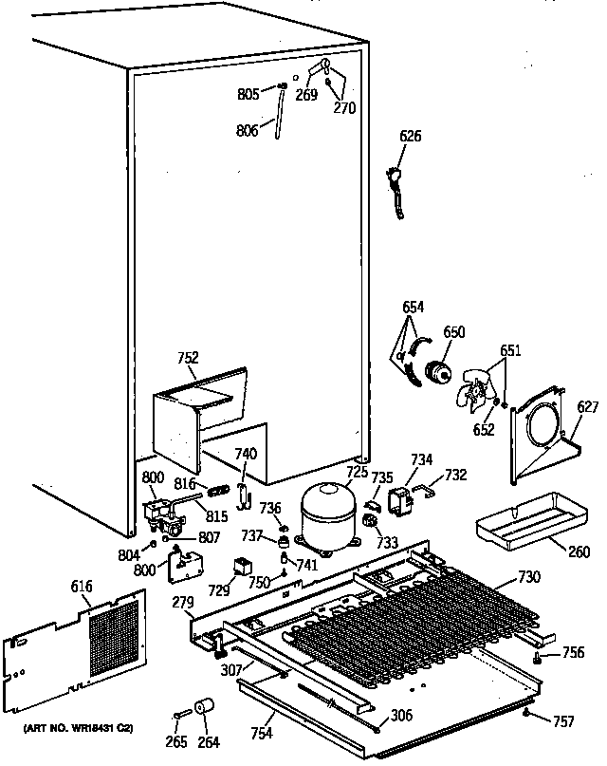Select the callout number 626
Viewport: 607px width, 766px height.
point(410,137)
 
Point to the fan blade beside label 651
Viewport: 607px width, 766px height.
point(476,389)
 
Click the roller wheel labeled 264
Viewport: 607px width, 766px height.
point(203,708)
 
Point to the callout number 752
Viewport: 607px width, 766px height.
point(188,358)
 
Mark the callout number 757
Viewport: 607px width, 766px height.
point(563,721)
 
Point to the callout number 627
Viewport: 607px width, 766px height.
point(589,408)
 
